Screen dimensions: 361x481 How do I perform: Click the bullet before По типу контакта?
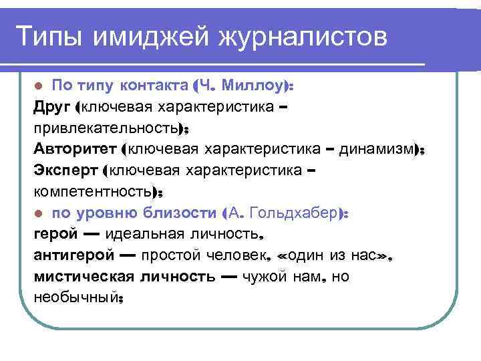(x=39, y=87)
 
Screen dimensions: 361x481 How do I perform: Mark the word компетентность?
(x=91, y=193)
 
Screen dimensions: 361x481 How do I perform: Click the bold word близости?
(x=180, y=213)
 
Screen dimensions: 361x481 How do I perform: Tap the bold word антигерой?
(x=70, y=255)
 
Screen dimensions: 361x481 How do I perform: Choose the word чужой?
(x=261, y=277)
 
